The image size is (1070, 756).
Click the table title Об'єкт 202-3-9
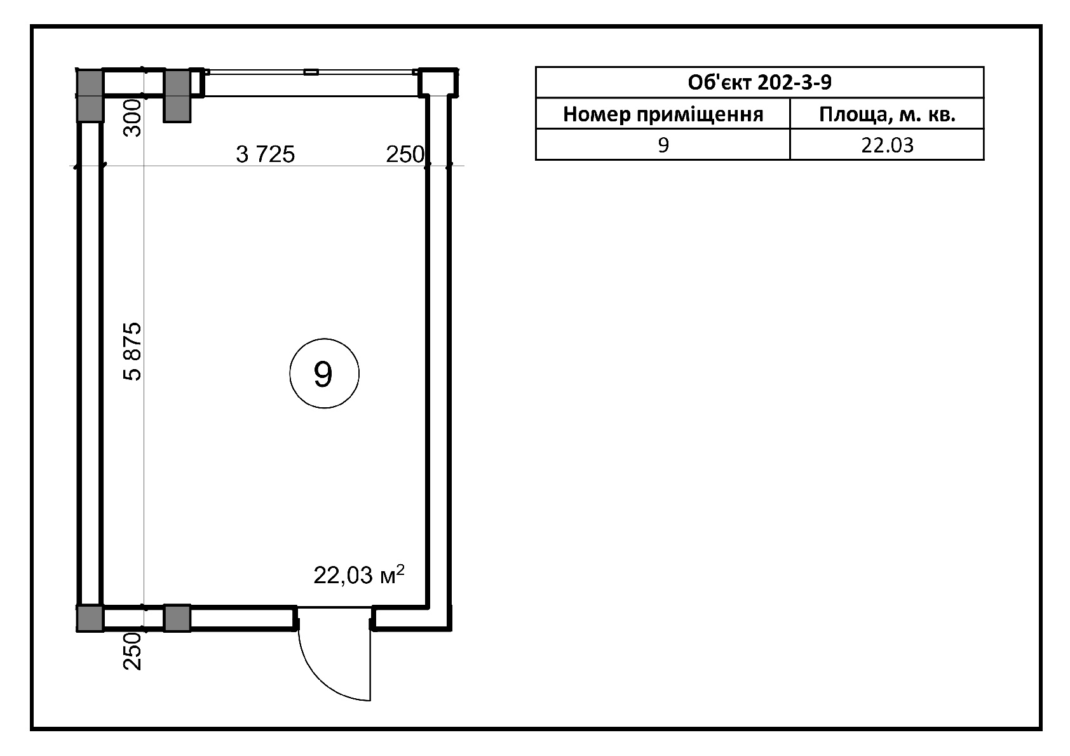759,83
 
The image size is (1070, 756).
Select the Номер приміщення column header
663,114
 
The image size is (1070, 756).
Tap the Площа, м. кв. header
887,114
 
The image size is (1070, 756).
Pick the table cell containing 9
663,145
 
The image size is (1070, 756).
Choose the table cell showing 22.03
887,145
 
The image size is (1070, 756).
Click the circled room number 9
324,374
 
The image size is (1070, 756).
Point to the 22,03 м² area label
359,575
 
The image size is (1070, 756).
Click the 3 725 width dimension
266,154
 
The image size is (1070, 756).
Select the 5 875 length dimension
133,351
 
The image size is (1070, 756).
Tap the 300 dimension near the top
133,118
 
